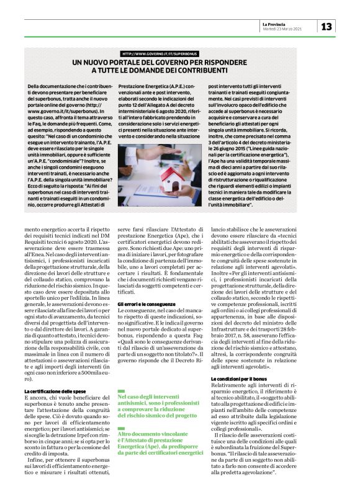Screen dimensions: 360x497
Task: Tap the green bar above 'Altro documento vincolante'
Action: pyautogui.click(x=122, y=410)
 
